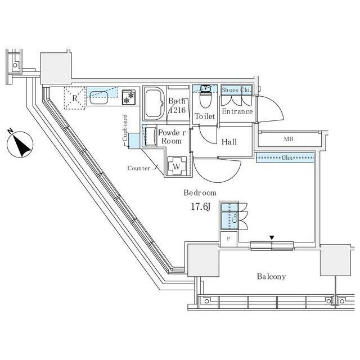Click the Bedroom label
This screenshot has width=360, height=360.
tap(200, 192)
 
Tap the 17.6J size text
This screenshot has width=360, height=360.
tap(201, 207)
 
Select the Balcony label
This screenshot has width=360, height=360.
tap(271, 276)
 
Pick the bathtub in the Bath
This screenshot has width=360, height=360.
tap(154, 103)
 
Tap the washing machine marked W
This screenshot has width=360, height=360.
tap(176, 166)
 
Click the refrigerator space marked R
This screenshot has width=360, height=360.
tap(75, 98)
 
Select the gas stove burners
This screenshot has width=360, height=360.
tap(129, 97)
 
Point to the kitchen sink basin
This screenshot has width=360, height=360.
tap(99, 97)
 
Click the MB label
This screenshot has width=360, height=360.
tap(289, 139)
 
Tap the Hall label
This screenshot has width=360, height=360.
tap(229, 142)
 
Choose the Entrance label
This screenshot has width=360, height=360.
tap(237, 111)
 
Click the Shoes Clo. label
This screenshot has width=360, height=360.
tap(236, 90)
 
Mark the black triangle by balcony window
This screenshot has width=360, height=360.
tap(272, 237)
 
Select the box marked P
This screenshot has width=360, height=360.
tap(229, 238)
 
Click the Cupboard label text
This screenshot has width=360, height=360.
tap(125, 128)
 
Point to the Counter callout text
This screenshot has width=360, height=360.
tap(139, 168)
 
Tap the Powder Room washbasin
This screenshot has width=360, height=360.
tap(150, 136)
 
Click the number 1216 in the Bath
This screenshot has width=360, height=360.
tap(178, 110)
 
